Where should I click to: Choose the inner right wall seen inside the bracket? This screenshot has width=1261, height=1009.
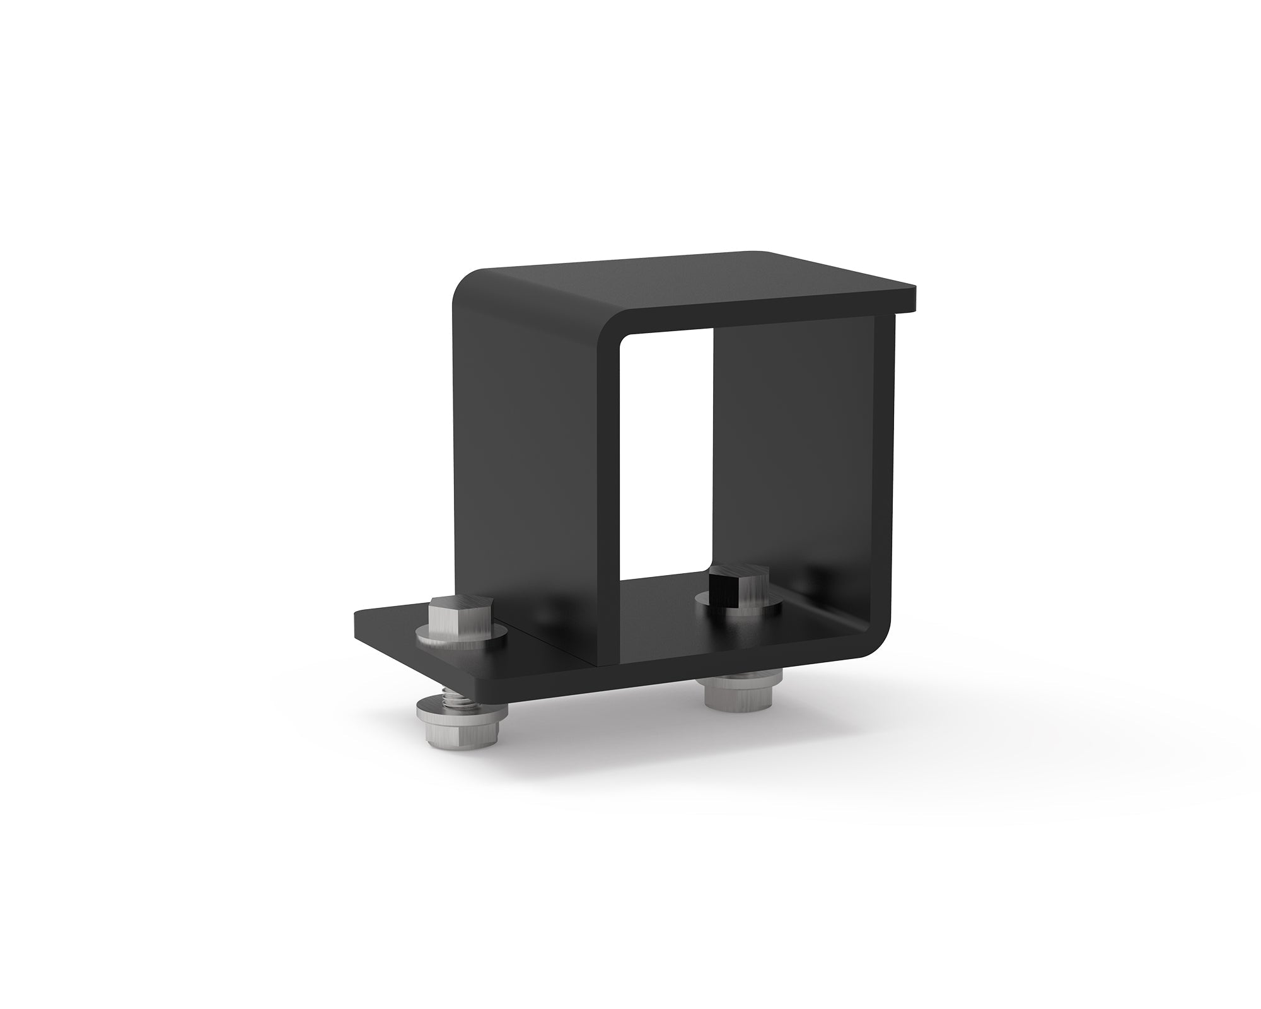coord(794,454)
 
